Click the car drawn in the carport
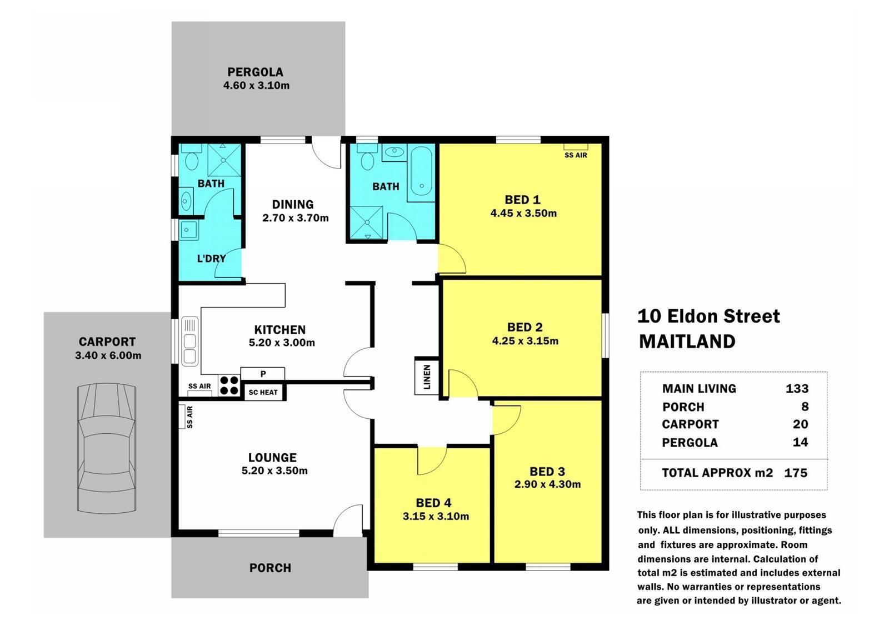(x=107, y=449)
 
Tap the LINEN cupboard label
(x=427, y=377)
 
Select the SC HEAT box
(x=263, y=392)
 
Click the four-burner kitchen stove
(x=229, y=385)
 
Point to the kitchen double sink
(x=189, y=341)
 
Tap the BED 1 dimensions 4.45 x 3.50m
(x=523, y=214)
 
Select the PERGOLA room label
(x=255, y=72)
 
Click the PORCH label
(x=270, y=568)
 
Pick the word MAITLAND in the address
(x=687, y=341)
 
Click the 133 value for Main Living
(x=797, y=388)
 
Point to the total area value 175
(x=796, y=473)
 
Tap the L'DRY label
(x=212, y=259)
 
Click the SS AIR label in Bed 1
(x=576, y=155)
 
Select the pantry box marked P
(x=263, y=374)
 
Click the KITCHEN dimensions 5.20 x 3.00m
(x=282, y=343)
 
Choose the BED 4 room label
(x=433, y=503)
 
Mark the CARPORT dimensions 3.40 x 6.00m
(x=108, y=355)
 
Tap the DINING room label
(x=293, y=205)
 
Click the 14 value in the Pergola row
(x=801, y=442)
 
